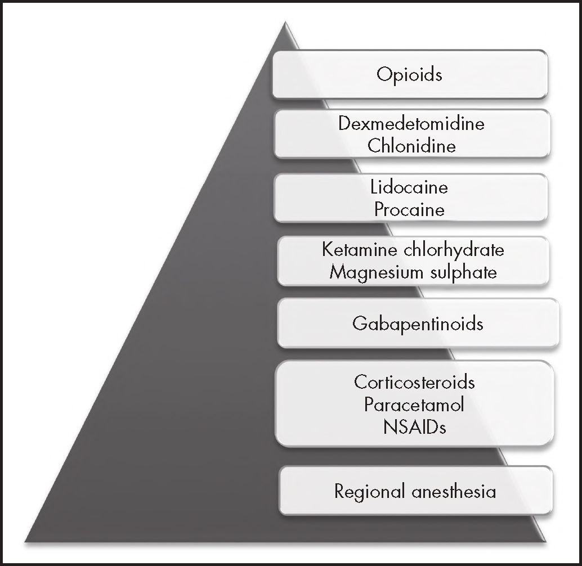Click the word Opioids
pos(410,74)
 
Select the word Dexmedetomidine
pos(411,124)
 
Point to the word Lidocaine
pos(410,187)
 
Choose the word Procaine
pos(410,209)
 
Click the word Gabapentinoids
pos(418,324)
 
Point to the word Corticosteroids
pos(414,382)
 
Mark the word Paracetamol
pos(414,405)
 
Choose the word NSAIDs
pos(414,427)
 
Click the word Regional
pos(369,492)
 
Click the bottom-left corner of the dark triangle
pos(26,542)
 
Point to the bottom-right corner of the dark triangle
pos(545,542)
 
